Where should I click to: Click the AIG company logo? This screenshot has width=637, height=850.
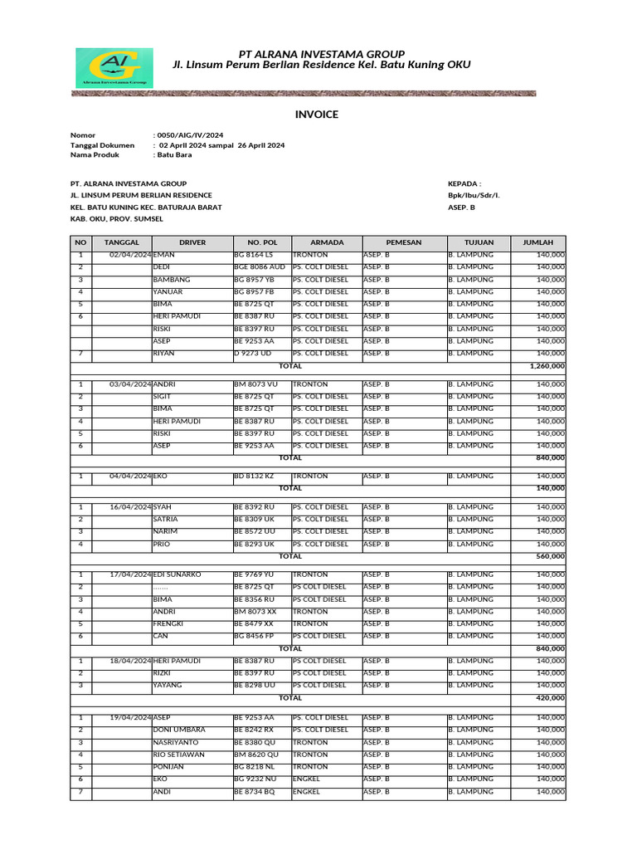(114, 68)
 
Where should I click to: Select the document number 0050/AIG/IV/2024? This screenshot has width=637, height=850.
(190, 134)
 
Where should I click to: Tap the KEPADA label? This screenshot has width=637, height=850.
(464, 183)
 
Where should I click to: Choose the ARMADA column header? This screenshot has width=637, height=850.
(326, 242)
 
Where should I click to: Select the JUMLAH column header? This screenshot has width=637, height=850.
(537, 242)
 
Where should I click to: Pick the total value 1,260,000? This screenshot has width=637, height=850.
(547, 365)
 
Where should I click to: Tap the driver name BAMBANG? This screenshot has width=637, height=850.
(172, 280)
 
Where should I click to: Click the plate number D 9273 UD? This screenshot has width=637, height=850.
(253, 354)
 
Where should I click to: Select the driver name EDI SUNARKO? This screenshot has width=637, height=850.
(177, 574)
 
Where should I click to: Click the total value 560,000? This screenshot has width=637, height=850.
(551, 556)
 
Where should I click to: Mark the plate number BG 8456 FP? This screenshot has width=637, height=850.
(255, 636)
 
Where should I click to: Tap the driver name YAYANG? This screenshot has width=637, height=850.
(168, 686)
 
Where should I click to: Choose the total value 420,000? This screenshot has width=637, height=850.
(551, 698)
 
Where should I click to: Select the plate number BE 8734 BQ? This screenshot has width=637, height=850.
(255, 792)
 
